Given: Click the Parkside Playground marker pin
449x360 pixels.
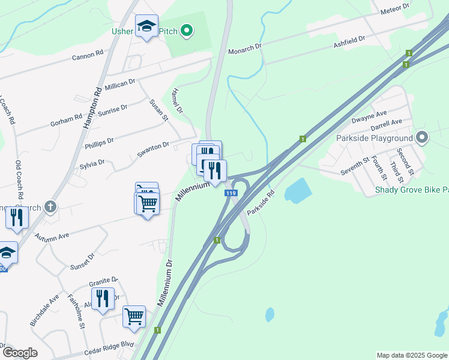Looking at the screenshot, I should click(421, 138).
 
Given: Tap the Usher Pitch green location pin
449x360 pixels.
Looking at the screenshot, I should click(187, 30).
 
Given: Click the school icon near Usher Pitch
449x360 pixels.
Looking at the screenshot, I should click(146, 26).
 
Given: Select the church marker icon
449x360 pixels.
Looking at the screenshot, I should click(50, 207).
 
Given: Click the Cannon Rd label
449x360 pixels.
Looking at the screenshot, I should click(88, 56).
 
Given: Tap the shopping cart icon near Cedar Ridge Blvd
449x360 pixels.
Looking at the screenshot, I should click(134, 316).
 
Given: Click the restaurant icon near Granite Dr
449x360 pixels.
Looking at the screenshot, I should click(103, 298).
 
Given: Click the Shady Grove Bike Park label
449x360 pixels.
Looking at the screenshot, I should click(411, 190).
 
